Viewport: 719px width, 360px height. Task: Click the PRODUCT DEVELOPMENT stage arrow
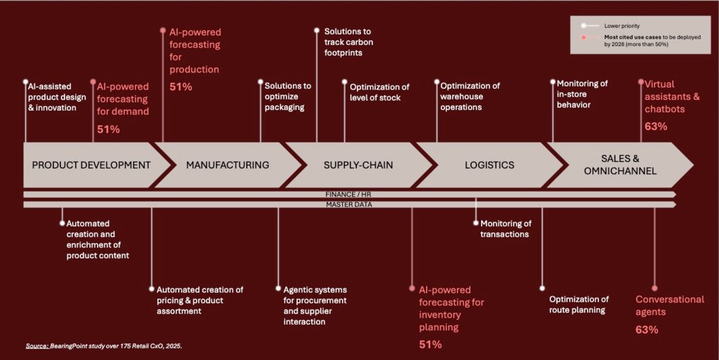[x=91, y=165]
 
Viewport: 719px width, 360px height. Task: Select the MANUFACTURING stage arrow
[x=227, y=165]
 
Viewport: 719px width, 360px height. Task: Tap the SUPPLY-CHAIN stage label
[x=358, y=165]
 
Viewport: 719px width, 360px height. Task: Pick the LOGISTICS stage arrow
[x=489, y=165]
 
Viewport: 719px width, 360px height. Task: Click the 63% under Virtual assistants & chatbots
[x=656, y=126]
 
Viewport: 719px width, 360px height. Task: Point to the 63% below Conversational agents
[x=646, y=329]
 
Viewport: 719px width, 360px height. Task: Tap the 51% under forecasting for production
[x=180, y=87]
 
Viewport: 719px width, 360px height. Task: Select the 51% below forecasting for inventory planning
[x=430, y=344]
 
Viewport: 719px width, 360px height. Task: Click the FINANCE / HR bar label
[x=350, y=195]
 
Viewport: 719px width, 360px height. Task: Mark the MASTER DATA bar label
[x=350, y=204]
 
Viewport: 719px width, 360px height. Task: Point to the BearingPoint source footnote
[x=104, y=346]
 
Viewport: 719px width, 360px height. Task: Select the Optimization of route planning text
[x=579, y=304]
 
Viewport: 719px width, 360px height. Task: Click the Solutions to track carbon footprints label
[x=349, y=42]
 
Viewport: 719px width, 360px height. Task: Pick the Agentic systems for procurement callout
[x=315, y=305]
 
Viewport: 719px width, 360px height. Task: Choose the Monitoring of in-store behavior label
[x=582, y=94]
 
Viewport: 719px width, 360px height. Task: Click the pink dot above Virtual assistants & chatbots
[x=641, y=83]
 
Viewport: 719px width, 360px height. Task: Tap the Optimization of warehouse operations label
[x=470, y=96]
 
